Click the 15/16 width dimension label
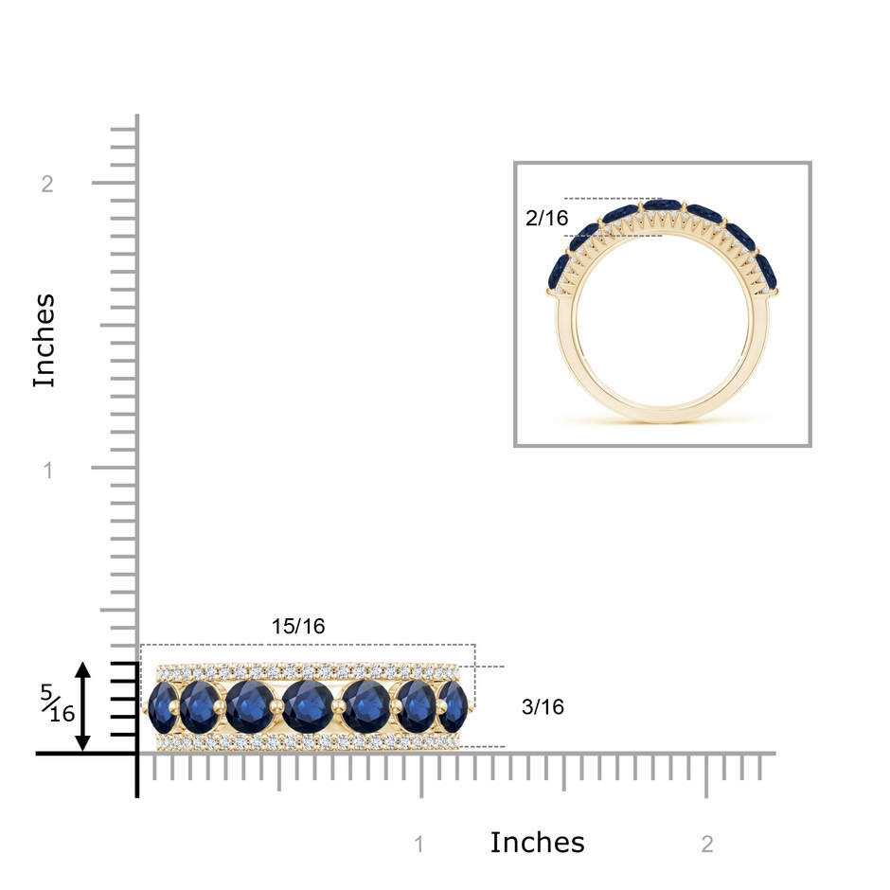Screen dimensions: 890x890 (298, 626)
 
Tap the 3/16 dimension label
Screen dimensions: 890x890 (543, 706)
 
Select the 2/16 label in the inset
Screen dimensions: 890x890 (546, 218)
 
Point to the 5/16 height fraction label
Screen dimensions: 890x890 (58, 703)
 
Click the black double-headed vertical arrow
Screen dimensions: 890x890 (83, 706)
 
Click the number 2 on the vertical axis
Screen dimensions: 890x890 (47, 184)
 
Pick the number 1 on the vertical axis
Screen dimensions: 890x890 (48, 470)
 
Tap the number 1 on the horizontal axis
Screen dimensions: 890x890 (419, 844)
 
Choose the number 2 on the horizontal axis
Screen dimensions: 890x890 (707, 844)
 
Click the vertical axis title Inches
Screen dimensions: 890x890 (44, 341)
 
